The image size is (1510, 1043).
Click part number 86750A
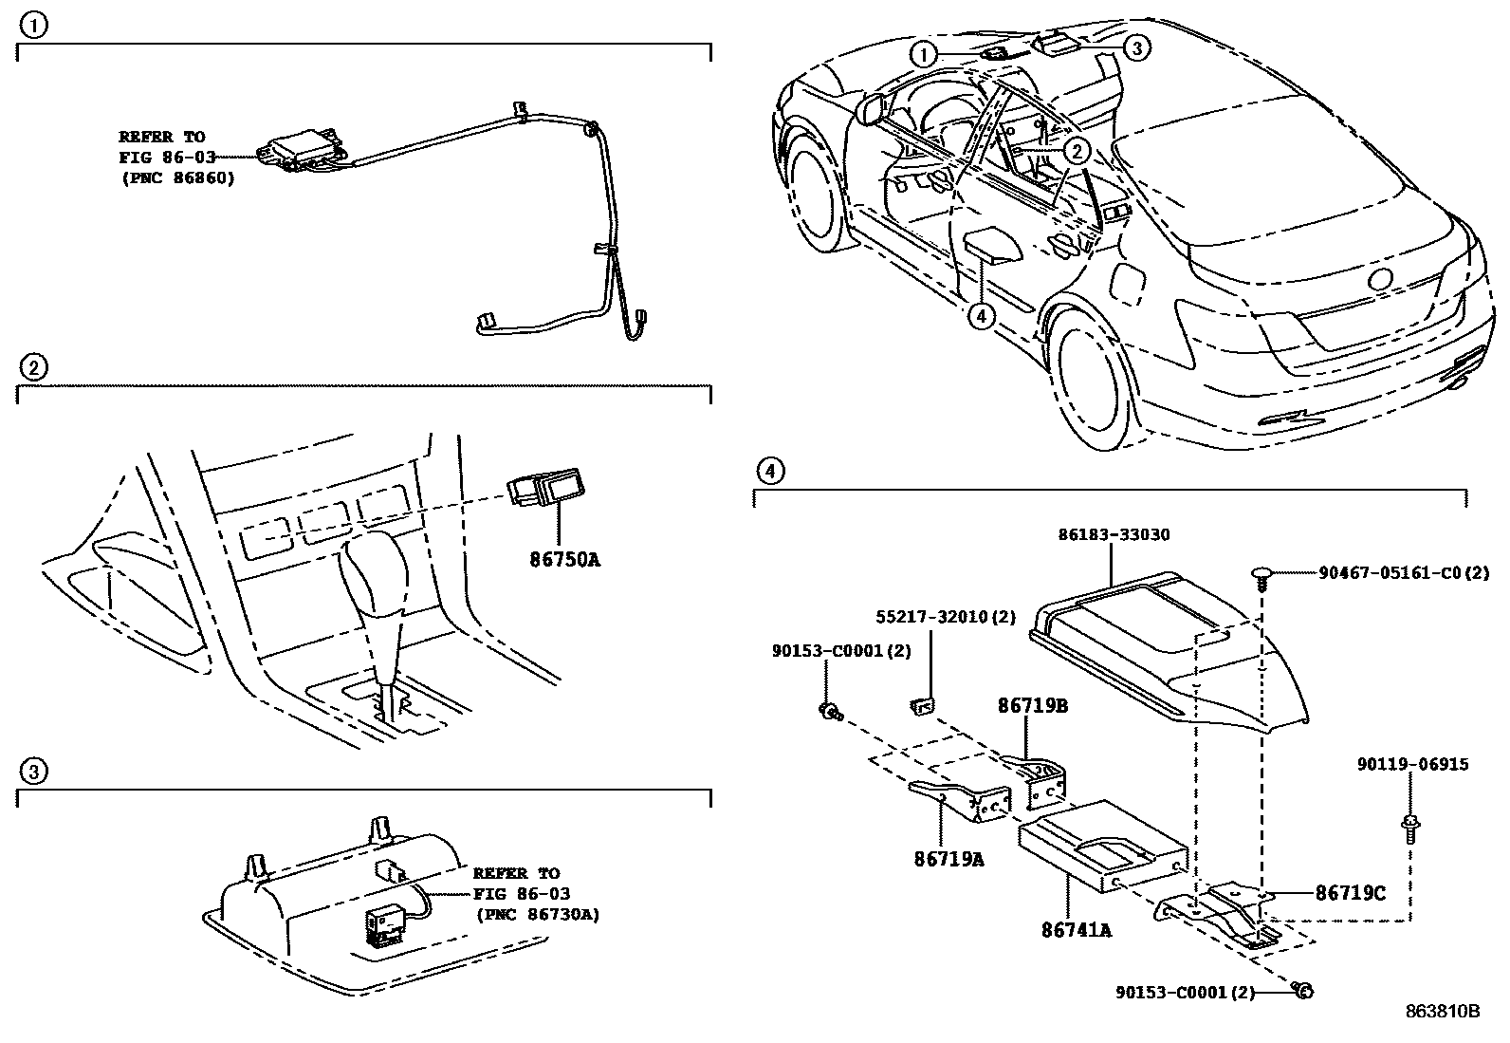tap(564, 559)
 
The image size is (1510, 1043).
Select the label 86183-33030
tap(1114, 535)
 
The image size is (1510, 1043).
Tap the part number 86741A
tap(1077, 930)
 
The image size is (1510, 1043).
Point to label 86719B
tap(1032, 706)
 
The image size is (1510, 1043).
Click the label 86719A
tap(948, 860)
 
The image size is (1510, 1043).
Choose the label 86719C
tap(1350, 893)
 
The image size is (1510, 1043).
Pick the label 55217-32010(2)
tap(945, 617)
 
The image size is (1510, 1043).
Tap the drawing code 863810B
tap(1441, 1011)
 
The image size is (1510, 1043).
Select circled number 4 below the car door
tap(981, 317)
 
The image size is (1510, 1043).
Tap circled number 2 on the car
tap(1076, 150)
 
